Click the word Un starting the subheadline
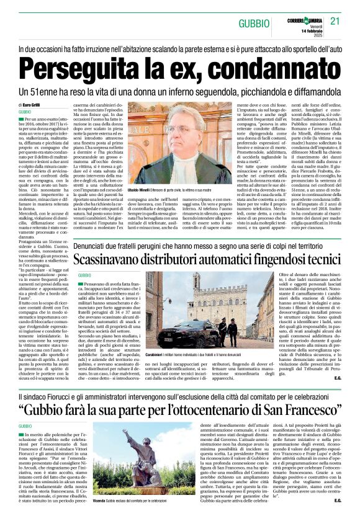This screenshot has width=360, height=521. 27,90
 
